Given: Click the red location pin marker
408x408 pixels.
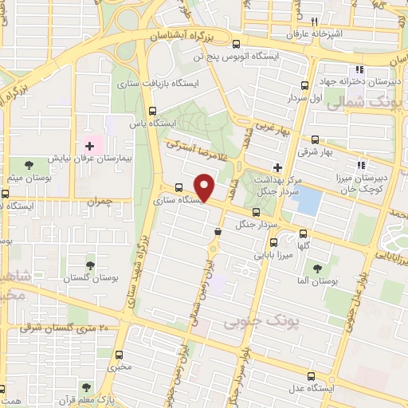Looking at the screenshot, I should [205, 186].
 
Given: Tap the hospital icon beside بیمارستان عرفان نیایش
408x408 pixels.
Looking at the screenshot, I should [90, 145].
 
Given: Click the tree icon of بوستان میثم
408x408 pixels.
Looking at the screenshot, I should [29, 165].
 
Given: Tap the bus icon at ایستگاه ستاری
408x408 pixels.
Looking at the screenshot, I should [178, 189].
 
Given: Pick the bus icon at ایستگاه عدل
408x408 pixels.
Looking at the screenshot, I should [312, 376].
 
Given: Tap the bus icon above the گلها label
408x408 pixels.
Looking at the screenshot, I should [304, 233].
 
